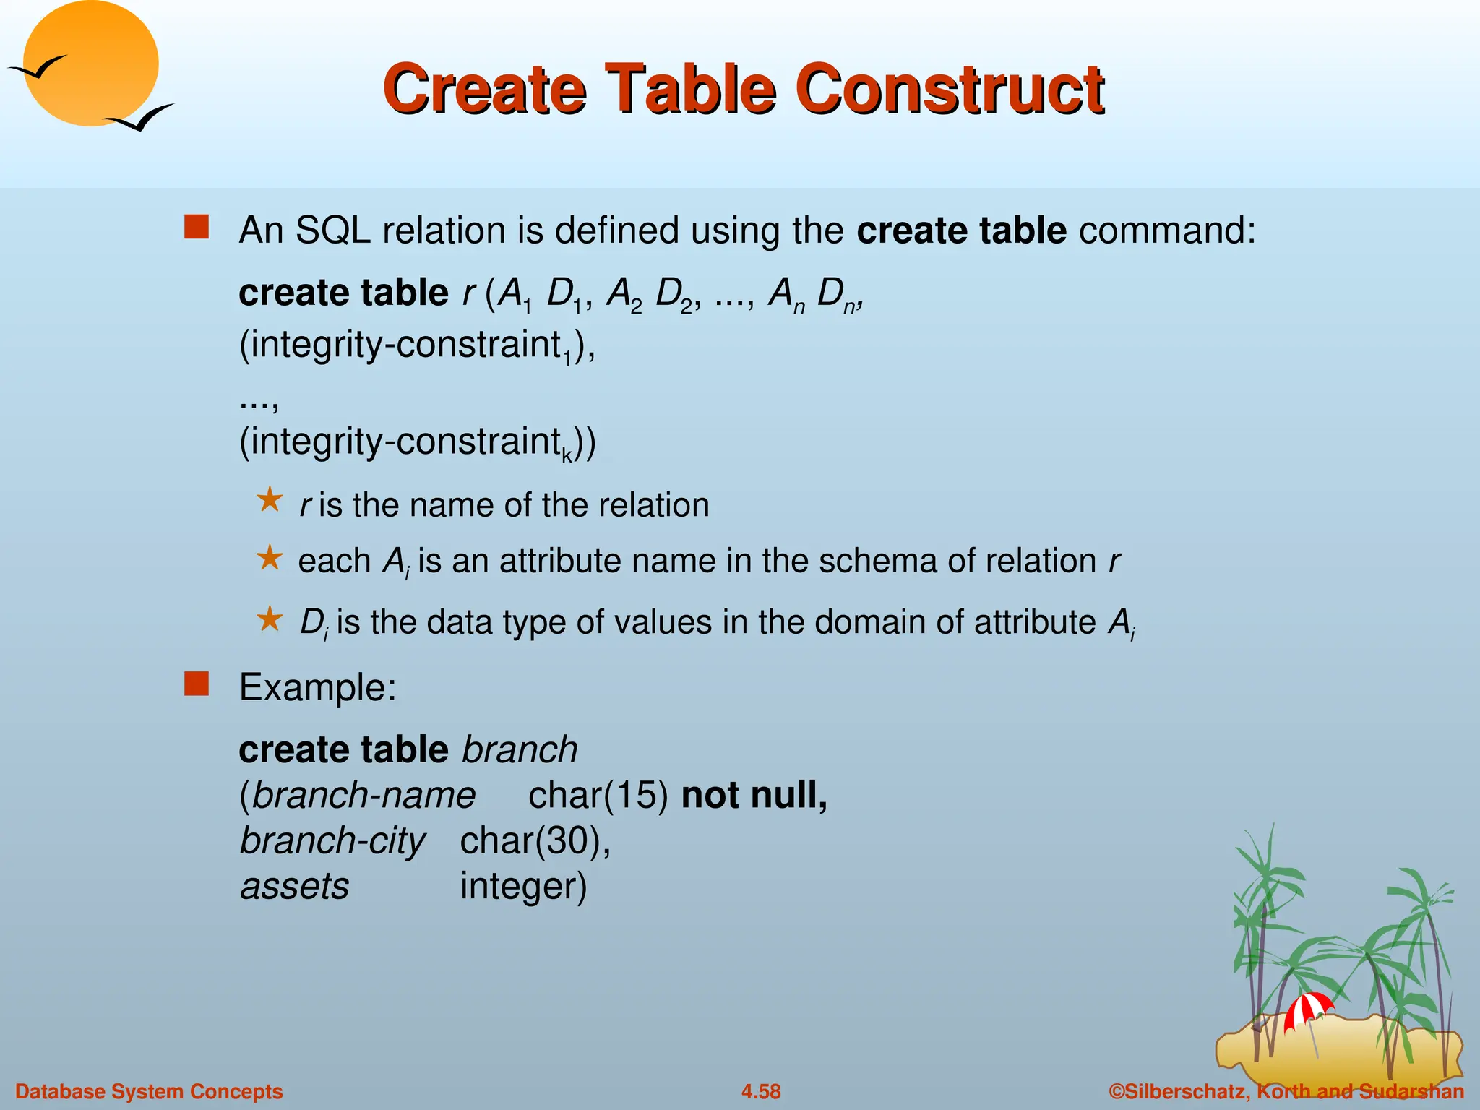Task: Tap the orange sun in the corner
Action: pyautogui.click(x=90, y=64)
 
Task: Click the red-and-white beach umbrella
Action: pyautogui.click(x=1307, y=1007)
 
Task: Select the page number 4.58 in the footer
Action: pyautogui.click(x=761, y=1091)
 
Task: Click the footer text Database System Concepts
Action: pyautogui.click(x=149, y=1091)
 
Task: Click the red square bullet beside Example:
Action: pyautogui.click(x=197, y=683)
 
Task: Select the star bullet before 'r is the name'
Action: pyautogui.click(x=270, y=499)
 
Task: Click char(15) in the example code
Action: pyautogui.click(x=598, y=796)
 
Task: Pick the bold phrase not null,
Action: pyautogui.click(x=754, y=796)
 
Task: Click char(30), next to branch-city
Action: pyautogui.click(x=535, y=841)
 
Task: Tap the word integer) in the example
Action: pyautogui.click(x=523, y=887)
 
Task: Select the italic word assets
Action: pyautogui.click(x=295, y=887)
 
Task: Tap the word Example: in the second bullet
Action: pyautogui.click(x=318, y=687)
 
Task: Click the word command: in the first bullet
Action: pyautogui.click(x=1167, y=231)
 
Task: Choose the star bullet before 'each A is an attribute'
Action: pyautogui.click(x=270, y=557)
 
